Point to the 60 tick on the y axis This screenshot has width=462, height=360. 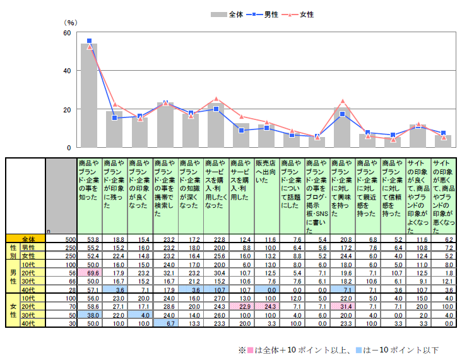pos(66,32)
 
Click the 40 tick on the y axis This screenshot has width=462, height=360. pos(66,71)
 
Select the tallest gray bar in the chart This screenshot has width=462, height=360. pos(89,95)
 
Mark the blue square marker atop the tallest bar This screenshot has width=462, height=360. pos(89,41)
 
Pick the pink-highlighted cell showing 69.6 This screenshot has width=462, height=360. pos(89,272)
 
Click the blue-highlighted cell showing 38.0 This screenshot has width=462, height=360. pos(89,315)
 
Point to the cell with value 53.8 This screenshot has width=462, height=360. pos(89,239)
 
